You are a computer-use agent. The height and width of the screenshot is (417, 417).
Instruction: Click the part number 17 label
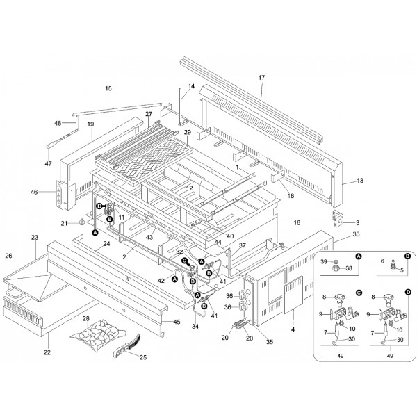pos(262,77)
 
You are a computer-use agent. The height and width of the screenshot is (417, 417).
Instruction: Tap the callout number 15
pos(108,88)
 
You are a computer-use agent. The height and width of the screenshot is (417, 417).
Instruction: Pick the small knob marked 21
pos(83,222)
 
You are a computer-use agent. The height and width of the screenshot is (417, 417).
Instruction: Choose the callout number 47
pos(49,163)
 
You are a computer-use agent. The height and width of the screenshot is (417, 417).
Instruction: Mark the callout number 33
pos(337,235)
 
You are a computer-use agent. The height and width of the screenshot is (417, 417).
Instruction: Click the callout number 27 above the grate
pos(148,113)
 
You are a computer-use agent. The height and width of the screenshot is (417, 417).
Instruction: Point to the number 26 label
pos(9,255)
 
